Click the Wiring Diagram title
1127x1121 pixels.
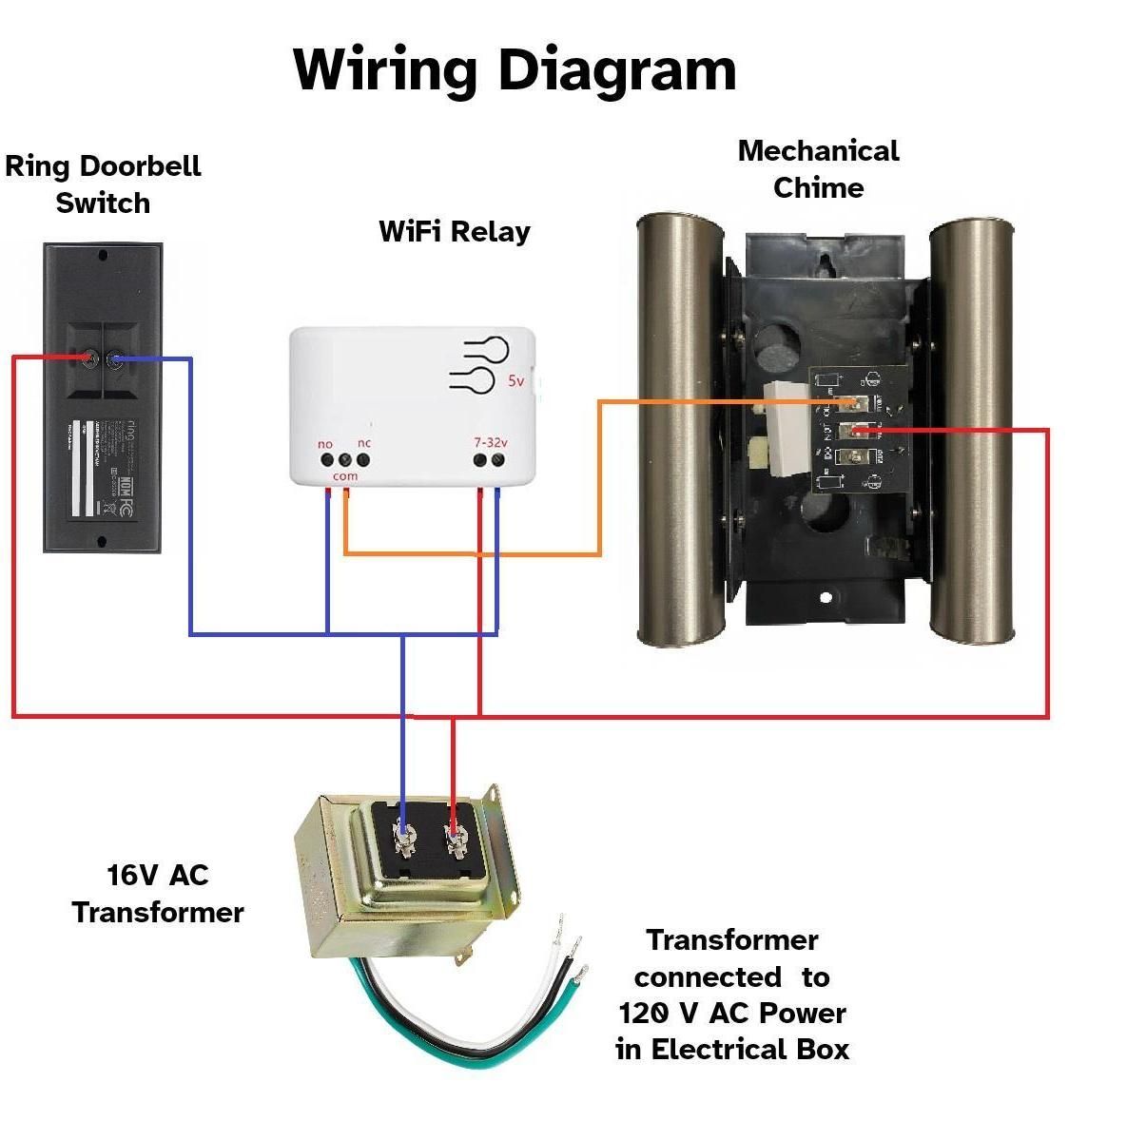(x=515, y=69)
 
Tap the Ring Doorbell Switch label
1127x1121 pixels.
(x=103, y=184)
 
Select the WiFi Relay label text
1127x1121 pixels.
(x=454, y=231)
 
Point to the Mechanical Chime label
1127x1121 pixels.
(x=818, y=168)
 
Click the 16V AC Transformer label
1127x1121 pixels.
(x=158, y=894)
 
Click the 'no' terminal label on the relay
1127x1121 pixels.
(x=325, y=444)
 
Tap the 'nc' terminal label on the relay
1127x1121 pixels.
(x=364, y=443)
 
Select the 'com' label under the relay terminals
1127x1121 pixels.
(x=345, y=475)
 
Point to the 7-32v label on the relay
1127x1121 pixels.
(x=491, y=443)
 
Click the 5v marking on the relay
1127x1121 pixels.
(x=515, y=381)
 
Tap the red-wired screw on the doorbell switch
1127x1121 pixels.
(x=89, y=358)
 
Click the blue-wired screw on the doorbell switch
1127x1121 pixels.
(x=116, y=359)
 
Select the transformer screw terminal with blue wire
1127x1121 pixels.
(x=404, y=838)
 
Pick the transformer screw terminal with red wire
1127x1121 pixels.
(x=454, y=838)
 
